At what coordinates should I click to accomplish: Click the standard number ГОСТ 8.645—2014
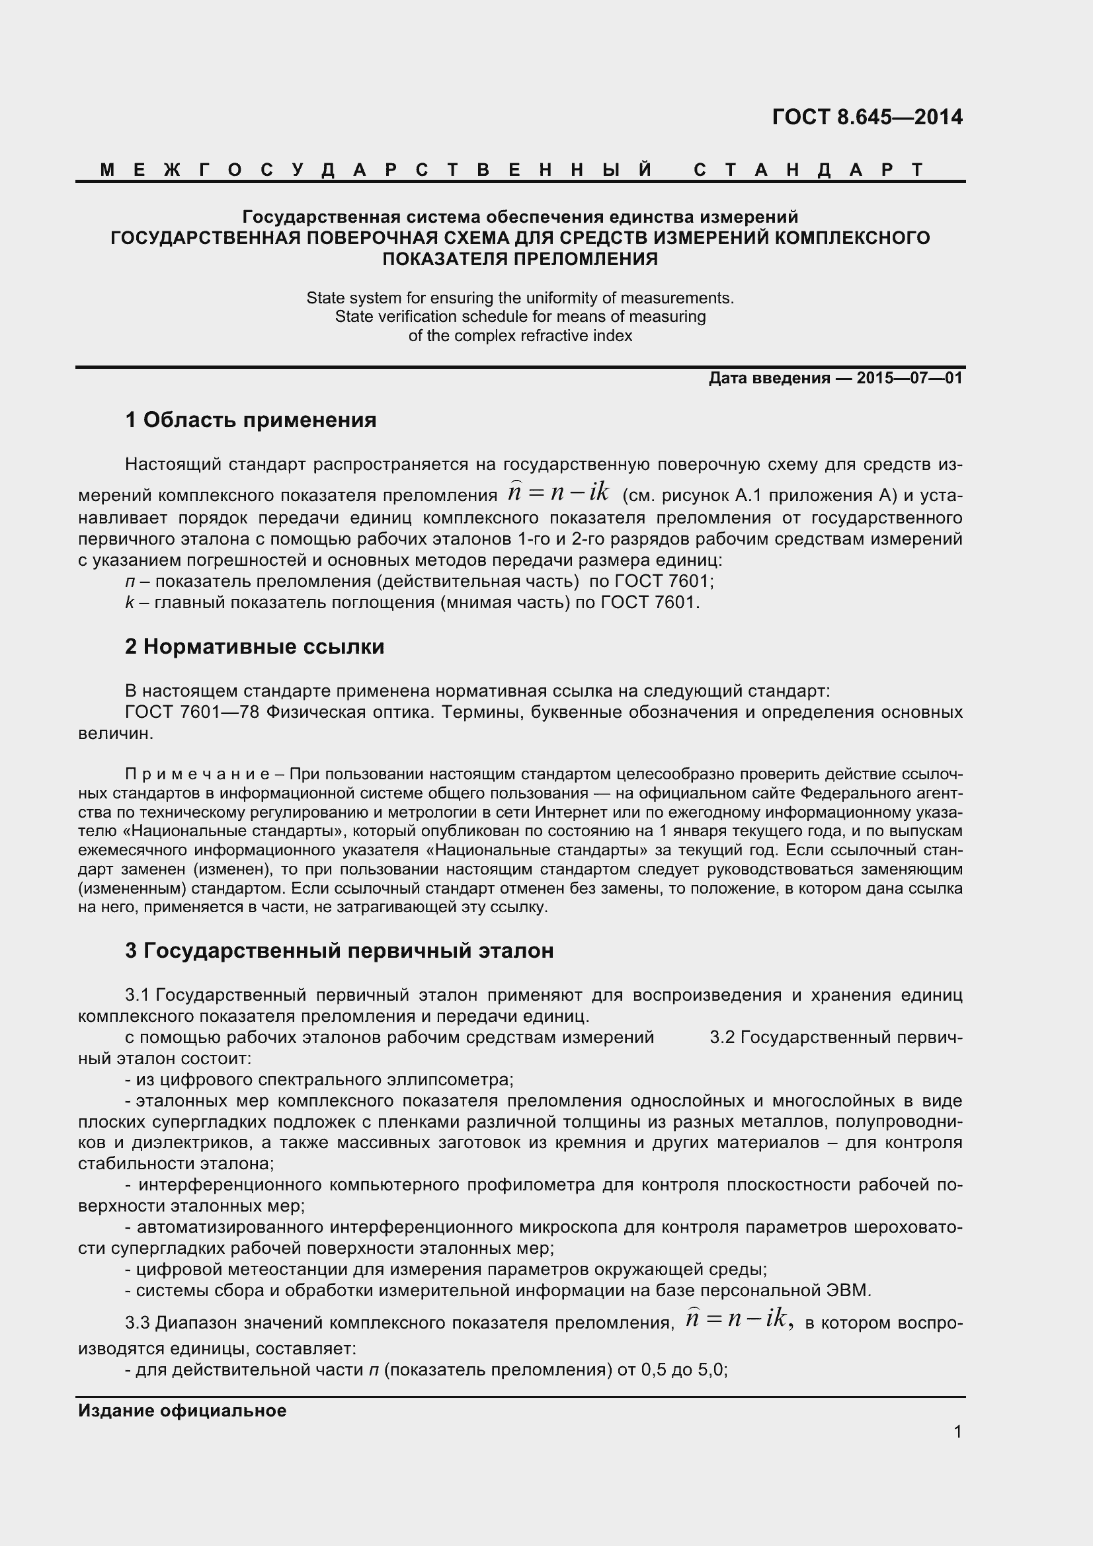tap(867, 117)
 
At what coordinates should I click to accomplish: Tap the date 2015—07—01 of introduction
tap(909, 379)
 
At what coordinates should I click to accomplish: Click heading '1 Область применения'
tap(251, 420)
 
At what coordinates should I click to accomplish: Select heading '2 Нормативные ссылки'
tap(255, 646)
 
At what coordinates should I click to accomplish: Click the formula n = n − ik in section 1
tap(558, 493)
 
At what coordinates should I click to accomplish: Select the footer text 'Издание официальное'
tap(182, 1411)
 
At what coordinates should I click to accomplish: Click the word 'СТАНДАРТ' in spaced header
tap(809, 170)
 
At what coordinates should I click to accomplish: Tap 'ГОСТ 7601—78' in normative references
tap(192, 713)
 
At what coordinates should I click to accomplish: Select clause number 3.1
tap(139, 995)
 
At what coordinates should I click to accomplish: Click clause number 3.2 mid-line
tap(723, 1038)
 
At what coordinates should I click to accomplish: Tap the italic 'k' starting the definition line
tap(130, 603)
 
